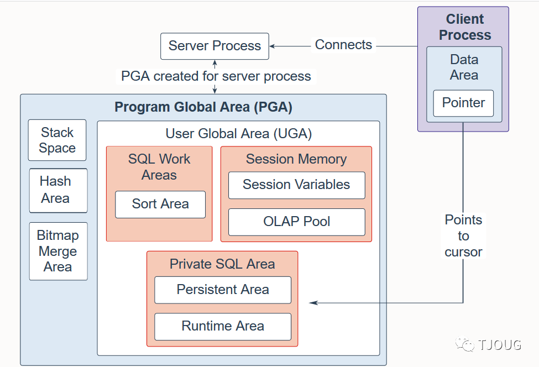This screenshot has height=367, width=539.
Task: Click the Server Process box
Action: pyautogui.click(x=214, y=46)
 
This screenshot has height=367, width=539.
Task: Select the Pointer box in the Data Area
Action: pyautogui.click(x=463, y=103)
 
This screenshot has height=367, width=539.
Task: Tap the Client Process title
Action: pyautogui.click(x=464, y=27)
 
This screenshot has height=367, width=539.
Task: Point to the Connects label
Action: pyautogui.click(x=343, y=45)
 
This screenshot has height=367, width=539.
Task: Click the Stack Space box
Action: pyautogui.click(x=57, y=140)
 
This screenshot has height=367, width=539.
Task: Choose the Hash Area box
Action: pyautogui.click(x=58, y=190)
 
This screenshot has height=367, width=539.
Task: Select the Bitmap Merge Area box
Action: pyautogui.click(x=58, y=251)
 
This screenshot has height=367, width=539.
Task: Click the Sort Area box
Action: pyautogui.click(x=160, y=204)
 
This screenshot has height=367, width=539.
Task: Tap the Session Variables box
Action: pyautogui.click(x=296, y=185)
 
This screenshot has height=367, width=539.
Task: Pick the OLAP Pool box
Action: pyautogui.click(x=296, y=222)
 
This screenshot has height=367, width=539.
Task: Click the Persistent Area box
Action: pyautogui.click(x=223, y=290)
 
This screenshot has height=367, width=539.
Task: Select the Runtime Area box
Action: pyautogui.click(x=223, y=326)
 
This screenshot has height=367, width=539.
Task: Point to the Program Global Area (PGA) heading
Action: pyautogui.click(x=203, y=107)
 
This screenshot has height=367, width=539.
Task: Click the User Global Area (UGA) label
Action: pyautogui.click(x=239, y=133)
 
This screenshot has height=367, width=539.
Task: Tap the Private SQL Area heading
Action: pyautogui.click(x=222, y=264)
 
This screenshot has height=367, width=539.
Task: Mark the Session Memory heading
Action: pyautogui.click(x=296, y=159)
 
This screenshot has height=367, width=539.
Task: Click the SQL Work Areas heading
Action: pyautogui.click(x=159, y=167)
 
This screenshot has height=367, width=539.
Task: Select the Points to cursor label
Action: pyautogui.click(x=463, y=236)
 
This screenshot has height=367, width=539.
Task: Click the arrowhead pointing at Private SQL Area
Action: pyautogui.click(x=313, y=303)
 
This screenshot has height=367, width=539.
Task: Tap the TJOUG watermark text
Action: pyautogui.click(x=499, y=345)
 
